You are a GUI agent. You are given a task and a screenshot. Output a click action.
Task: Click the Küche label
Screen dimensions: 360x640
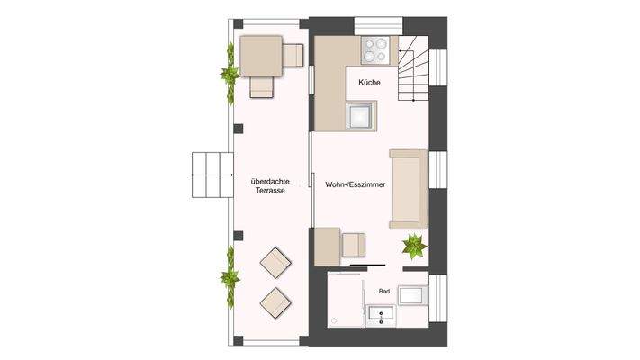pos(369,83)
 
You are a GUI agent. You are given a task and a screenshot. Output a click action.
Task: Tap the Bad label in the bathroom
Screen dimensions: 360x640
pos(383,292)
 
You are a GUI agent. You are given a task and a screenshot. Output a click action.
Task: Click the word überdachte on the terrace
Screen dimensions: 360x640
pos(270,184)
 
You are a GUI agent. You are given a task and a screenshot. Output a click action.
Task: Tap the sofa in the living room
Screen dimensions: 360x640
pos(408,190)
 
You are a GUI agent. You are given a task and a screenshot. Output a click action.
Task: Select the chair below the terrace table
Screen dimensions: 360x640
pos(261,86)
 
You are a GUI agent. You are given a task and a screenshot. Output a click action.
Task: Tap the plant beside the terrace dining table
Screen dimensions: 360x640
pos(228,71)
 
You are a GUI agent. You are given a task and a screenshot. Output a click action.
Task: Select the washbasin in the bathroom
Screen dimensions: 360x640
pos(382,315)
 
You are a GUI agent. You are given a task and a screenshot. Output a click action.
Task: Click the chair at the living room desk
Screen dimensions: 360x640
pos(355,244)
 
